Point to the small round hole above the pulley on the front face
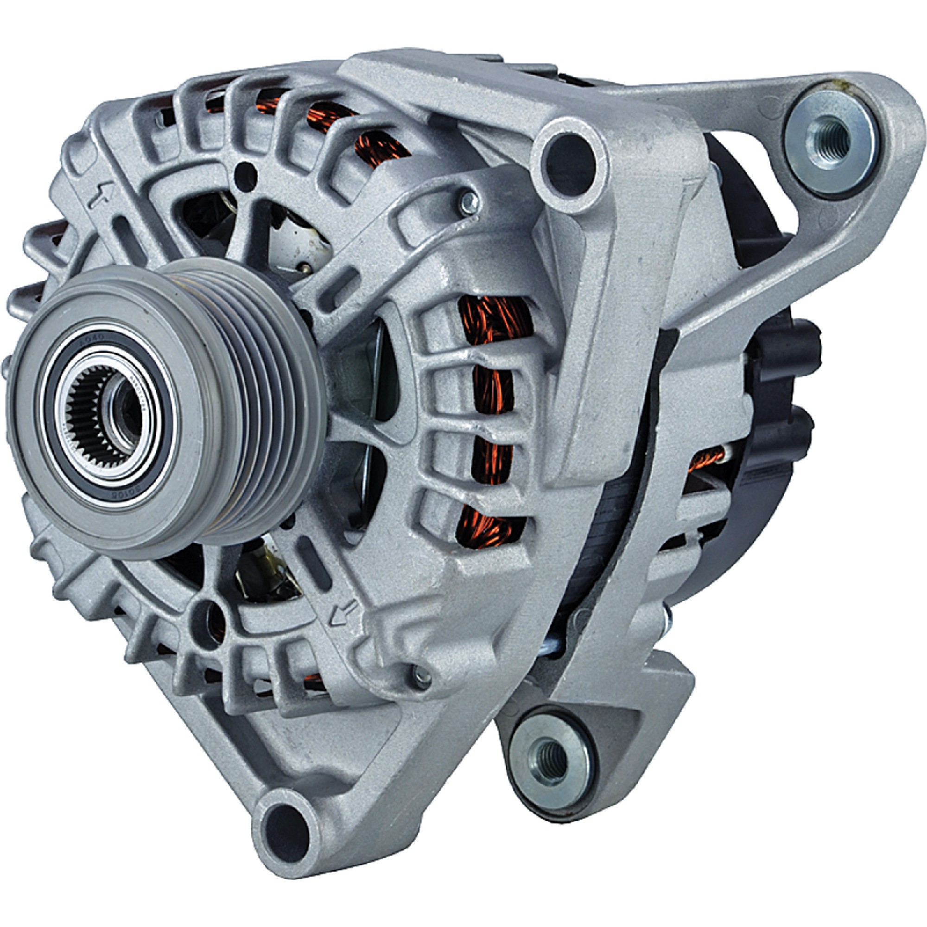click(248, 169)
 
